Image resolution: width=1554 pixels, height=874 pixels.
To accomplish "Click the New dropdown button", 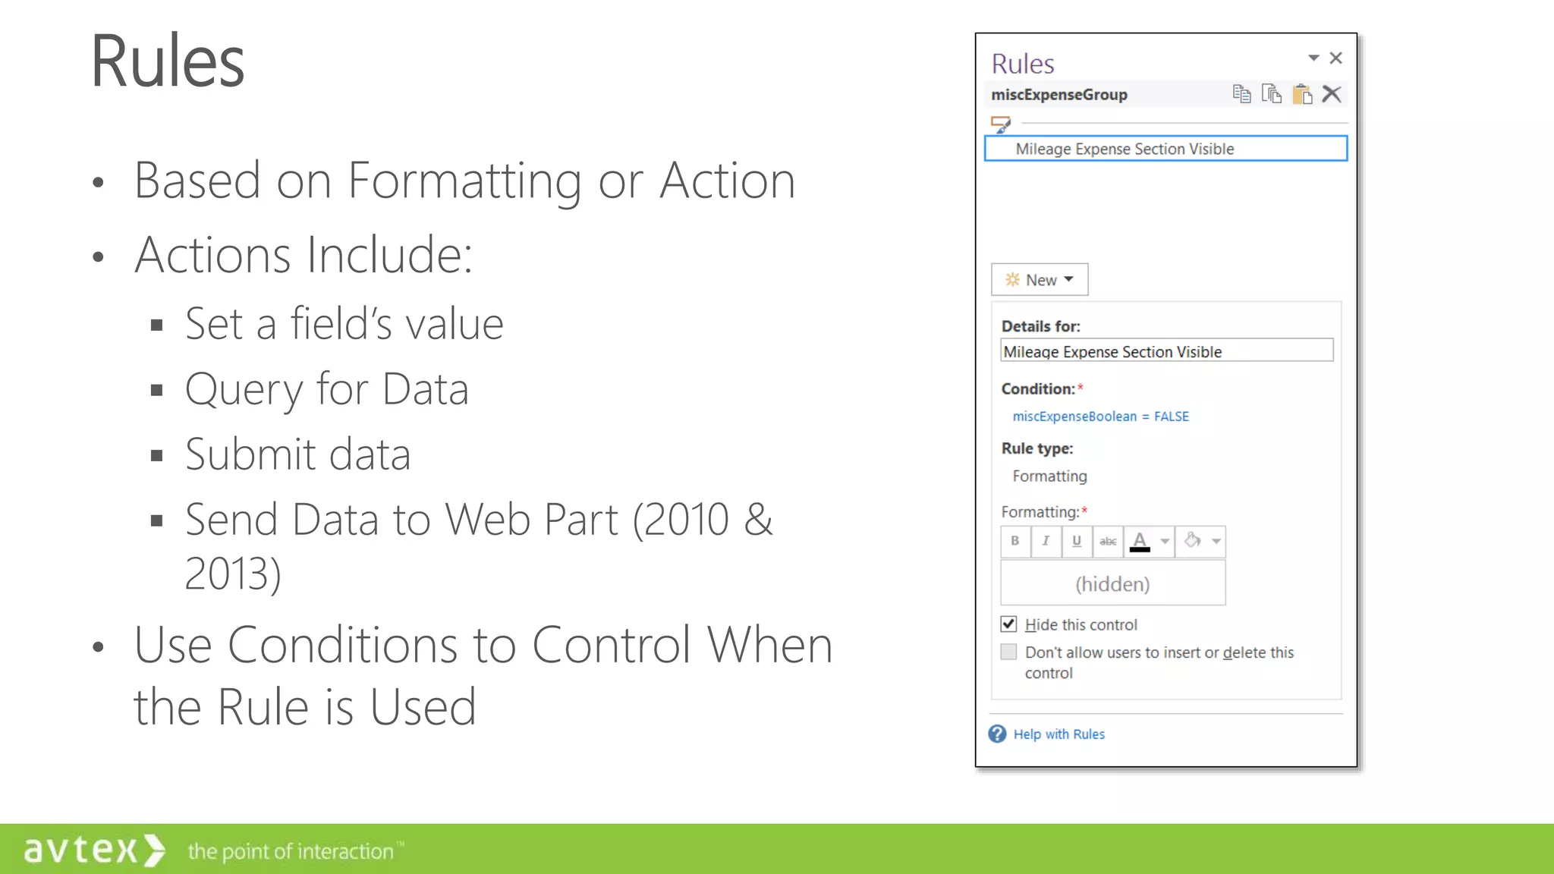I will point(1040,280).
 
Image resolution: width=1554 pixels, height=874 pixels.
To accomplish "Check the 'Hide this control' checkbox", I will point(1008,624).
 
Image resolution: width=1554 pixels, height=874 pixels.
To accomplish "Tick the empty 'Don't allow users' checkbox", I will point(1008,652).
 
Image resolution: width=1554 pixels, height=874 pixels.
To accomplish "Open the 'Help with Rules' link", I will point(1059,734).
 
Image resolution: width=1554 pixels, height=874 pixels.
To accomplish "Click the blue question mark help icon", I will point(997,734).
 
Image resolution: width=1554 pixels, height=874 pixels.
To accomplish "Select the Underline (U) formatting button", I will point(1076,541).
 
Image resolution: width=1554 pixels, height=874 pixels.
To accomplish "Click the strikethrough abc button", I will point(1108,541).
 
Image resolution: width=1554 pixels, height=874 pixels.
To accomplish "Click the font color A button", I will point(1140,541).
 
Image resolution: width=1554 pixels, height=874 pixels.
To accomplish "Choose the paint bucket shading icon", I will point(1192,541).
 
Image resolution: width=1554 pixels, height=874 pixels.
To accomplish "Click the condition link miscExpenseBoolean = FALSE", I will point(1100,417).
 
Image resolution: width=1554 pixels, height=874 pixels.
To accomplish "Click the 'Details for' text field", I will point(1166,351).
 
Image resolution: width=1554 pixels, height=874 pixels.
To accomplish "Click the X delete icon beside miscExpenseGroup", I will point(1332,94).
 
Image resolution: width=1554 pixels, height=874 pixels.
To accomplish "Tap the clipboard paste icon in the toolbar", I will point(1302,94).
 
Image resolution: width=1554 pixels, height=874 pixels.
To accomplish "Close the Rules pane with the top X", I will point(1336,58).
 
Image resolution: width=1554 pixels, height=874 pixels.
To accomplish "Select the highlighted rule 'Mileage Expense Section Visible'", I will point(1165,149).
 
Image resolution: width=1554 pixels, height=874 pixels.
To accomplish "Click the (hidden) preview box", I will point(1112,583).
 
